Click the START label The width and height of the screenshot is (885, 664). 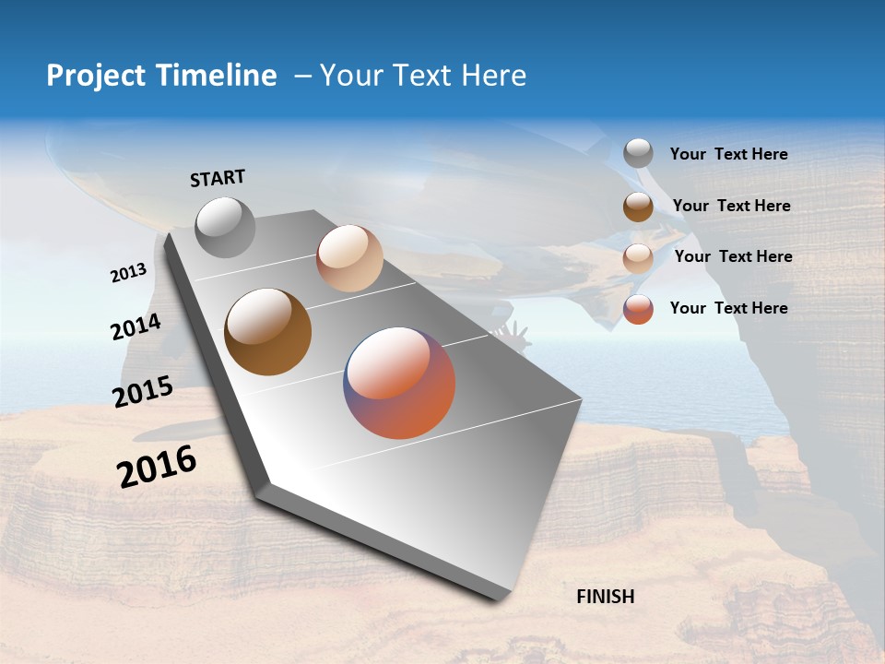218,178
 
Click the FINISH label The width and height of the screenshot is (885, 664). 605,597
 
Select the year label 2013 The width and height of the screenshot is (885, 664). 128,273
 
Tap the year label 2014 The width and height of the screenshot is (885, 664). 136,327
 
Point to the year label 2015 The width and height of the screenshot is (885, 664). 143,392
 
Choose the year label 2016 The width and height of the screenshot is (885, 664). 157,467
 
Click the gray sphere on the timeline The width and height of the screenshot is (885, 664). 225,227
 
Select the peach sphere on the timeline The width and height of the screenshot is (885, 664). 349,258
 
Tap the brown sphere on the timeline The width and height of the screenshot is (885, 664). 267,332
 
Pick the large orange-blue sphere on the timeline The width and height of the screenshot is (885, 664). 399,383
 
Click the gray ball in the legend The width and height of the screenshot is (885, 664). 638,153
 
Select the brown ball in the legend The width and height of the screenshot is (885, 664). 638,207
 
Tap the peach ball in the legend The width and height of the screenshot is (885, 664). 638,258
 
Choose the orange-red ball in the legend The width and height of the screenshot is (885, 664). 638,309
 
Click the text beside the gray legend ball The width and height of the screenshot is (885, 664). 728,155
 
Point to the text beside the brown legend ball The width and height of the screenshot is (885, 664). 731,206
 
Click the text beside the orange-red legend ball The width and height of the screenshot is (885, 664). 728,308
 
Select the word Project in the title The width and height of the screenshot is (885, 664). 95,76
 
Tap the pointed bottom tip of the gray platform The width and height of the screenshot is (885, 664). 499,595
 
